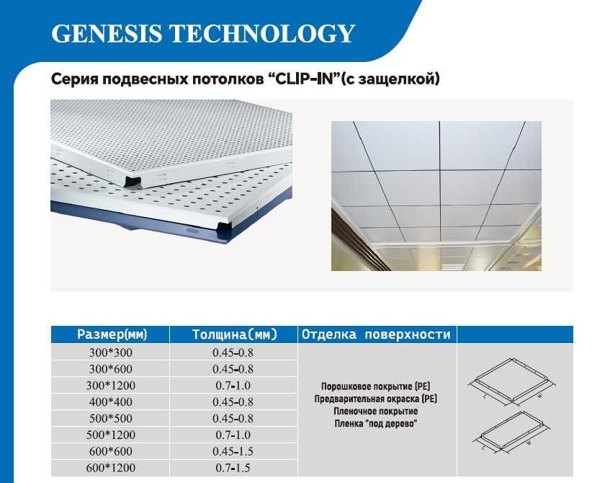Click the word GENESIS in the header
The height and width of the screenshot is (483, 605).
pos(107,33)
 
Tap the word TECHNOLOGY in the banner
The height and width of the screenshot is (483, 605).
pos(262,33)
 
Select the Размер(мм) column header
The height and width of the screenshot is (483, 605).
pos(112,334)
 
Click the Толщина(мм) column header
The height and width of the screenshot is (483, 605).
pos(235,334)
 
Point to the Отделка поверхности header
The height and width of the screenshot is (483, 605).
pos(376,334)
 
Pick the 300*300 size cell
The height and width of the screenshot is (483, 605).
pos(111,353)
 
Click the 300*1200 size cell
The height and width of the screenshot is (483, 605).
pos(111,386)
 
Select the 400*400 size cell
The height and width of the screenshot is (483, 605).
pos(111,402)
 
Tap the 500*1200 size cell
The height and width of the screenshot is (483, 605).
pos(111,435)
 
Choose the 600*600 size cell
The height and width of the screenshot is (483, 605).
pos(111,451)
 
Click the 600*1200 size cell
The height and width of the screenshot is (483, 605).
pos(111,468)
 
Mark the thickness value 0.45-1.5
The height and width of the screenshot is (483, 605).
pos(233,451)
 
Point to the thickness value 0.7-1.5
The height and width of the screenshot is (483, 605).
pos(233,468)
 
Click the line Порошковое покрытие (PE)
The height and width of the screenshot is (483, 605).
pos(376,386)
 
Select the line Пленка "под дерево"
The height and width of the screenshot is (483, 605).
pos(376,424)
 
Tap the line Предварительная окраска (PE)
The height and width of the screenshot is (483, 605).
pos(376,399)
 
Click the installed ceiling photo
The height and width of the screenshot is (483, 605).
pos(436,196)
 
